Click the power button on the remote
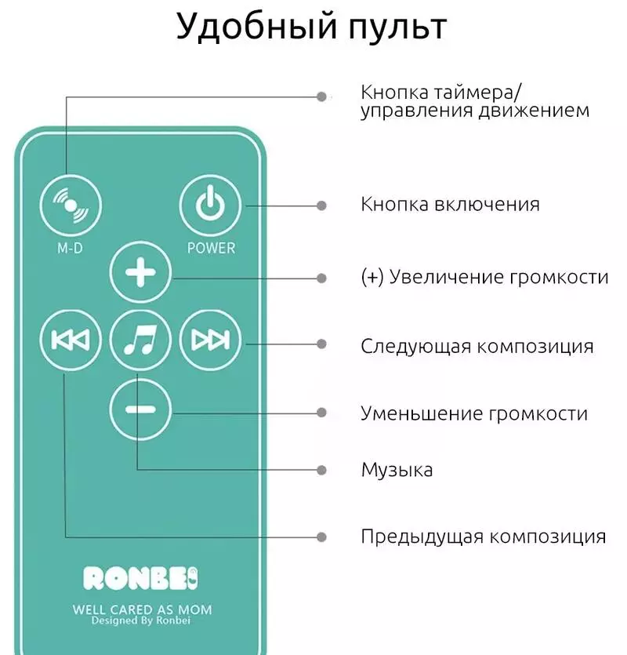(210, 206)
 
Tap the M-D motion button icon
(71, 206)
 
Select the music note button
(140, 340)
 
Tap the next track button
(210, 340)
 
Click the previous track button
(71, 340)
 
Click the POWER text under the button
(211, 248)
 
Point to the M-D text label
(70, 248)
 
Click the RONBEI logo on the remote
(140, 579)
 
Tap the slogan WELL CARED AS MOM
(142, 610)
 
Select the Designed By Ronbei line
(141, 620)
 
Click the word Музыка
(397, 471)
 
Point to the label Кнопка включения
(451, 205)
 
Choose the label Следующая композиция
(477, 347)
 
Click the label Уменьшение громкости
(475, 414)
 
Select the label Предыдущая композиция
(484, 537)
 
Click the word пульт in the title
(398, 27)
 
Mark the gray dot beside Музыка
(321, 471)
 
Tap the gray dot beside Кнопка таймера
(321, 97)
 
